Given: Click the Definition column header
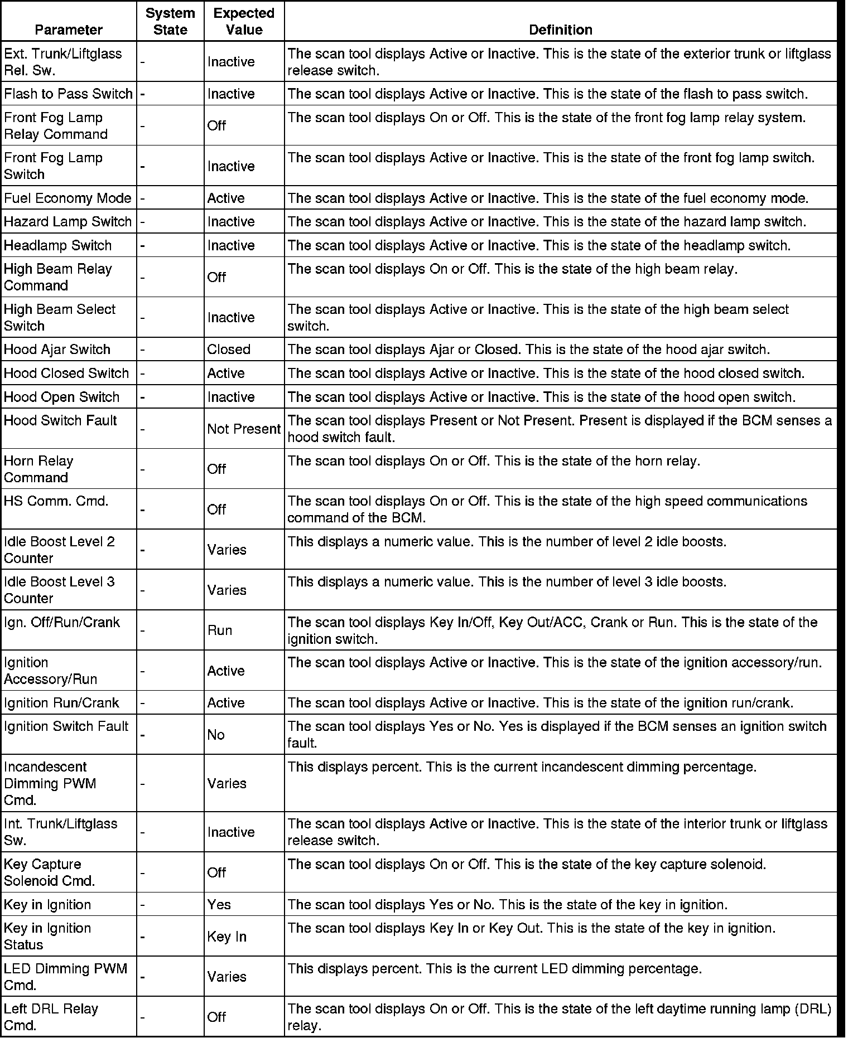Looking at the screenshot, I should click(x=560, y=30).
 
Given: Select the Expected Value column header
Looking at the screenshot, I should click(x=244, y=21).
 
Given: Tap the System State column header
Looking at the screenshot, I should click(x=170, y=21).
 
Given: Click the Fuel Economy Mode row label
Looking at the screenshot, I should click(x=68, y=198).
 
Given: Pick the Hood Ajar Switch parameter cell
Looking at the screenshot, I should click(x=57, y=350).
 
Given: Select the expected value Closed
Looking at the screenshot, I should click(x=229, y=350).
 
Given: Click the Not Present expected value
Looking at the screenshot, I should click(x=244, y=429).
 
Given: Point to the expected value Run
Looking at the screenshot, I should click(x=220, y=630).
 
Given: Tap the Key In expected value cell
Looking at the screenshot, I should click(x=227, y=937).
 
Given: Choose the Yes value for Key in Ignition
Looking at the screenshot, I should click(x=219, y=904).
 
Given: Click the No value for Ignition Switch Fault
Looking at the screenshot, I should click(x=216, y=735).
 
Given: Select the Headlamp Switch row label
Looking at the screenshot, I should click(x=57, y=245).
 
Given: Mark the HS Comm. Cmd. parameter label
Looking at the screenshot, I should click(x=56, y=501).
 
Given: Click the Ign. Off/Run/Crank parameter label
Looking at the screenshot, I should click(x=61, y=622).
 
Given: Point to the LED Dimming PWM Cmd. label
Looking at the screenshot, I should click(x=65, y=977).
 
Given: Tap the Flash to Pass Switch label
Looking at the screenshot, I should click(x=68, y=94).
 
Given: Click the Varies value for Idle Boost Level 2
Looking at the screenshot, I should click(x=227, y=550).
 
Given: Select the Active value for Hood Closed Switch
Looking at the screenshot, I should click(x=226, y=373).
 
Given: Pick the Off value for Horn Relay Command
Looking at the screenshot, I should click(x=216, y=469).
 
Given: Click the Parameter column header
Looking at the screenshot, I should click(x=69, y=30).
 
